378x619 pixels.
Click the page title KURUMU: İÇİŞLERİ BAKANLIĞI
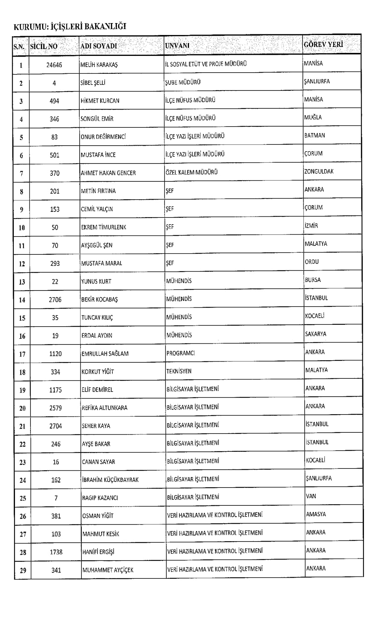coord(70,26)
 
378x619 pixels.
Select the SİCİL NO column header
coord(44,46)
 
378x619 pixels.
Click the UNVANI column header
coord(177,45)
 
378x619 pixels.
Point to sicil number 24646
coord(54,65)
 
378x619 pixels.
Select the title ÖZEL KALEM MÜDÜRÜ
coord(192,172)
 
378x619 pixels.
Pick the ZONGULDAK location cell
coord(319,171)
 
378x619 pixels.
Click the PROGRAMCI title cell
coord(180,353)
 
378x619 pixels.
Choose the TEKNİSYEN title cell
coord(179,371)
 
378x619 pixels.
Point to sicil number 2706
coord(55,299)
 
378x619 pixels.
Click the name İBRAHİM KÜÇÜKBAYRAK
coord(110,480)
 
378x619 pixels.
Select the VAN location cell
coord(311,496)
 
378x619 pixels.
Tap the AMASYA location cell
coord(316,514)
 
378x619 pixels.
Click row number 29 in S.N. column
coord(23,570)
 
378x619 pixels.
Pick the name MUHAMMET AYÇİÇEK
coord(108,570)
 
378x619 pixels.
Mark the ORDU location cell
coord(312,261)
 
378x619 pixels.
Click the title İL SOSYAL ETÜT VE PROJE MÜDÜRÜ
coord(206,64)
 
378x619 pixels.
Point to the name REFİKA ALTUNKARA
coord(105,408)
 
